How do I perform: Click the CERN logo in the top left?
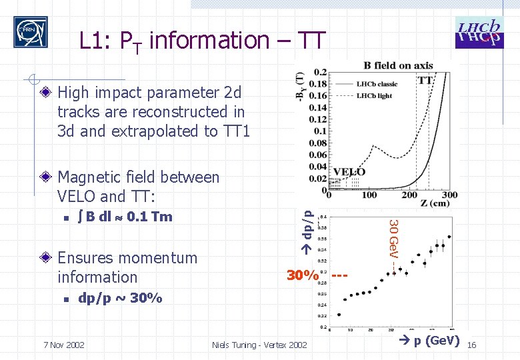[x=31, y=32]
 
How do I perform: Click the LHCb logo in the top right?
[x=479, y=32]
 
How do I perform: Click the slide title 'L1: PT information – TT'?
[x=202, y=41]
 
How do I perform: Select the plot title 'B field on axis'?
[x=398, y=65]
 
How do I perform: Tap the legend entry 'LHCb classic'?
[x=377, y=84]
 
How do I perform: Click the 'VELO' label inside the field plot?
[x=349, y=171]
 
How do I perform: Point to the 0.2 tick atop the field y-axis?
[x=320, y=72]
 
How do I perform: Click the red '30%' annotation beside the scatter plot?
[x=301, y=275]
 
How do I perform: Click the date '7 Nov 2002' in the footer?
[x=63, y=345]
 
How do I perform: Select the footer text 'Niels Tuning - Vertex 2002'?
[x=259, y=345]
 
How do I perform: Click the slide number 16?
[x=471, y=345]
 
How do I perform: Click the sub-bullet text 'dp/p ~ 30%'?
[x=120, y=298]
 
